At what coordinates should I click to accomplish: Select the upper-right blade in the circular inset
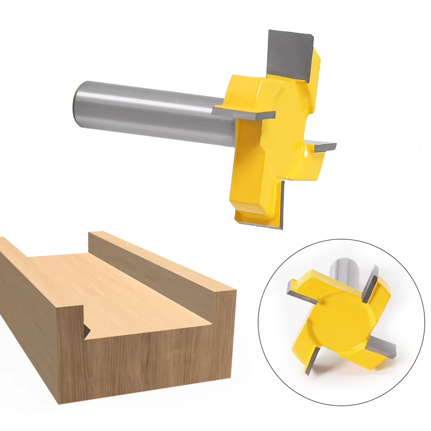coord(371,283)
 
